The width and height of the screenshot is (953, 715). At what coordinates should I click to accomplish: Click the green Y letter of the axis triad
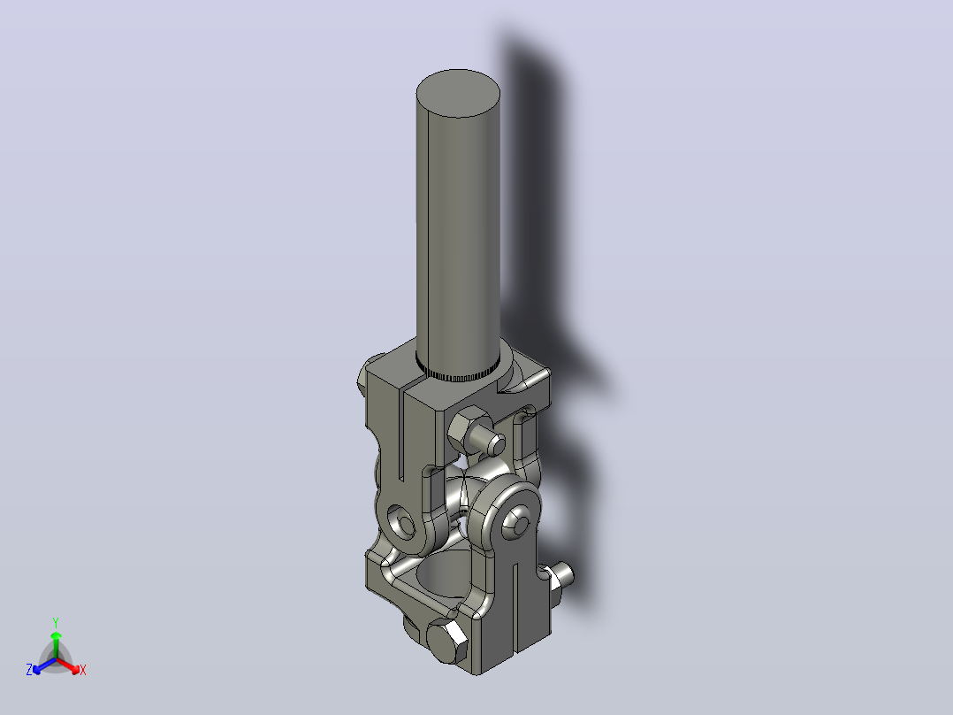click(x=56, y=623)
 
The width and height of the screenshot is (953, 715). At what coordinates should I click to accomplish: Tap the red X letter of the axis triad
click(x=83, y=671)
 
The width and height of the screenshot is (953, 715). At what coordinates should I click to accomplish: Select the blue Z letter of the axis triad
click(x=28, y=670)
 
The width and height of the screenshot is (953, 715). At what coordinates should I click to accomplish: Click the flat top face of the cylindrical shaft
click(x=458, y=93)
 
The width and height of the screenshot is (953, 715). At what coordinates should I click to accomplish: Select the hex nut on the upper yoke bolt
click(x=469, y=428)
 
